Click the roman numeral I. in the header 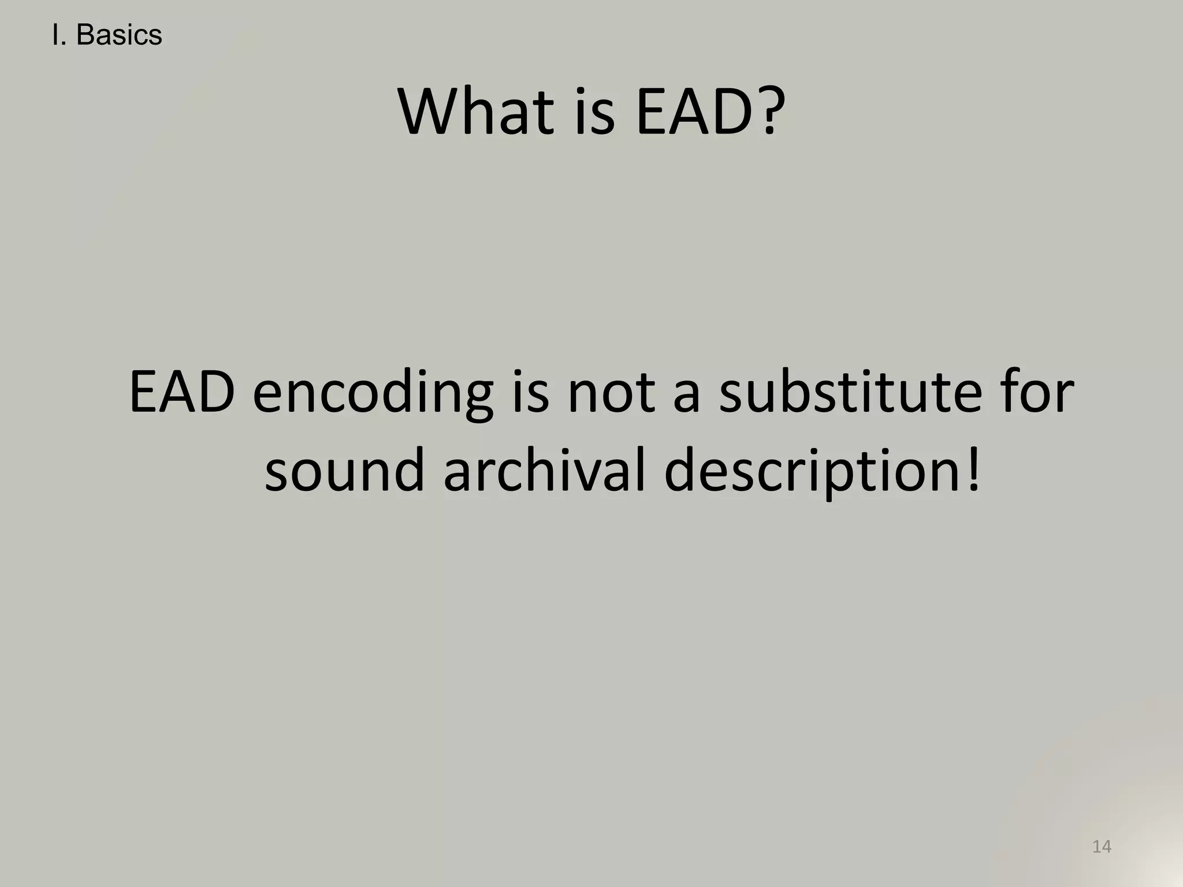point(58,36)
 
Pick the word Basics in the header point(119,36)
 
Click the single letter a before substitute point(687,398)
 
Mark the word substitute point(850,393)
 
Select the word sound point(344,471)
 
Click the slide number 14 point(1102,847)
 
